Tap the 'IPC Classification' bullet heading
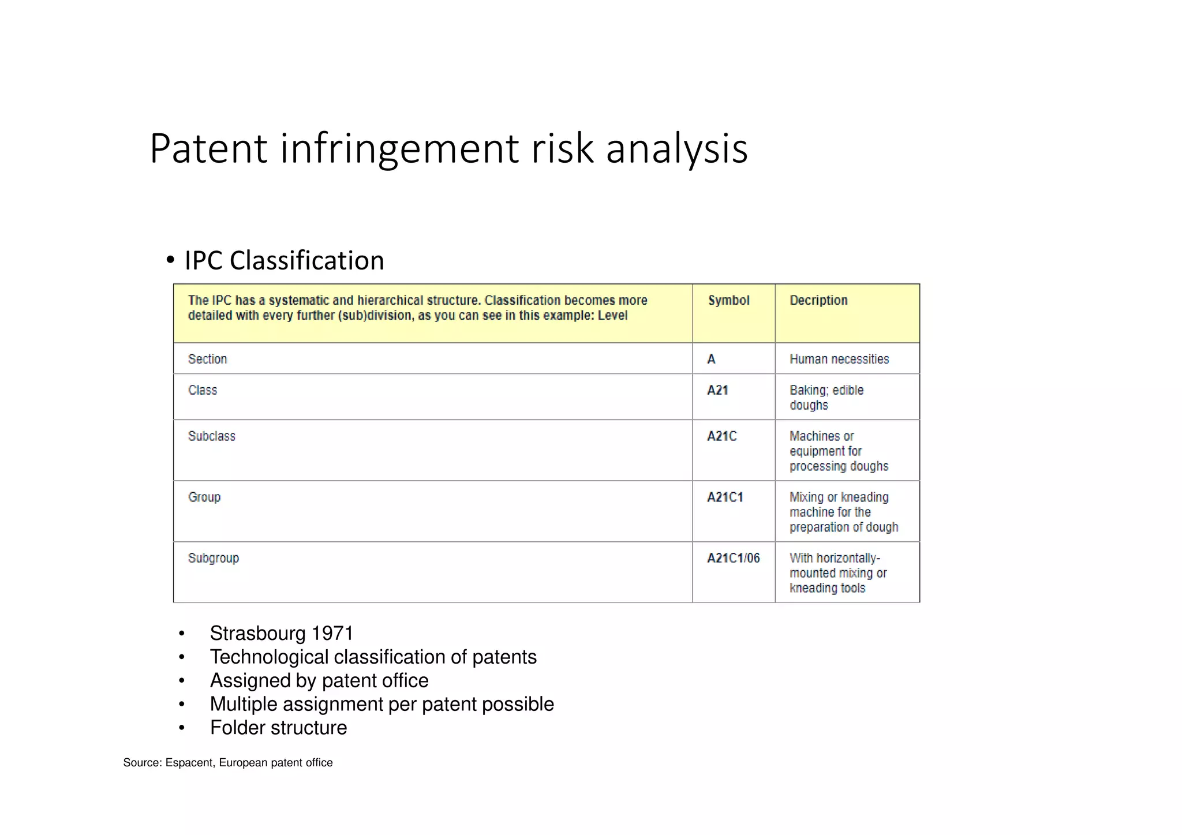coord(284,260)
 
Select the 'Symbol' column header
coord(728,300)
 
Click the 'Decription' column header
coord(818,300)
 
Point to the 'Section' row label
coord(207,359)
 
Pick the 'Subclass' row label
coord(211,436)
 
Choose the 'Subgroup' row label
coord(213,558)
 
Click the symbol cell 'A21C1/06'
coord(733,558)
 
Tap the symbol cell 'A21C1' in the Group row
coord(725,497)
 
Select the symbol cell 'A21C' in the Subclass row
coord(721,436)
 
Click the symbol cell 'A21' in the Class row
coord(717,390)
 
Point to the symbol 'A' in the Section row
coord(711,359)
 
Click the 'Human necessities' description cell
coord(839,359)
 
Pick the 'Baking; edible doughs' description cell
coord(826,398)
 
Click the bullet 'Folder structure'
coord(278,728)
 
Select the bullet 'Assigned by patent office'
coord(319,680)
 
